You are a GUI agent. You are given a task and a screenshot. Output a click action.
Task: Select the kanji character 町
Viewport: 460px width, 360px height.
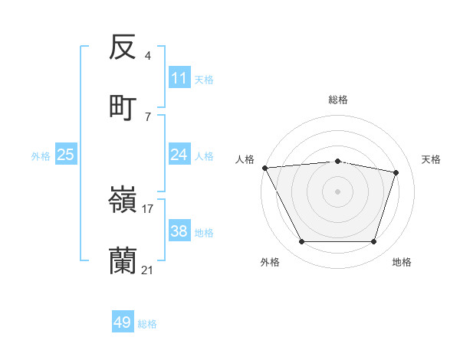(x=123, y=108)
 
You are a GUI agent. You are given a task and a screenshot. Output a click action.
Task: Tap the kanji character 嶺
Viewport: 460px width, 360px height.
(x=123, y=201)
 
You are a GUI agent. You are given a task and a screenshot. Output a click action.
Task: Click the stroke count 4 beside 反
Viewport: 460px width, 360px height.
(x=147, y=56)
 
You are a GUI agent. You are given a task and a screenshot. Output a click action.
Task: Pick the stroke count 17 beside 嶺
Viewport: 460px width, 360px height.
(x=148, y=208)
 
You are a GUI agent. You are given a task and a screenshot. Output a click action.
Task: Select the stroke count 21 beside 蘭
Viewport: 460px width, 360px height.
(x=148, y=270)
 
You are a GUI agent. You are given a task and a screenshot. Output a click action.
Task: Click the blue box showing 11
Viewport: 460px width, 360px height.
(x=179, y=78)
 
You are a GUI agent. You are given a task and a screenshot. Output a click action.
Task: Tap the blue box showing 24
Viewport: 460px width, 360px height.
(x=179, y=155)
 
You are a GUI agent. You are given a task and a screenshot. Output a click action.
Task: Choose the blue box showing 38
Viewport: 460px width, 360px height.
(x=179, y=231)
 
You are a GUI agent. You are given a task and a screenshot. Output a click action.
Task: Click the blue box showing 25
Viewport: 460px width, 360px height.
(x=66, y=155)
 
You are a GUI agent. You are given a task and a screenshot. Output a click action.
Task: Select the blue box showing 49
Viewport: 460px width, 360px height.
(x=123, y=322)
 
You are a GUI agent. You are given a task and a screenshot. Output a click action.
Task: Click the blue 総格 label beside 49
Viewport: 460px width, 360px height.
(x=147, y=324)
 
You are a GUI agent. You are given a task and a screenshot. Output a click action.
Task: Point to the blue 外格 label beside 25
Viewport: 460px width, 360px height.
(x=41, y=155)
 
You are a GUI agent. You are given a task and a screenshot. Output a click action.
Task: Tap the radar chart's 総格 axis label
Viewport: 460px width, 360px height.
(x=338, y=100)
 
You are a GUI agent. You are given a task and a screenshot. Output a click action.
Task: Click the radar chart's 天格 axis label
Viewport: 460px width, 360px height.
(x=432, y=159)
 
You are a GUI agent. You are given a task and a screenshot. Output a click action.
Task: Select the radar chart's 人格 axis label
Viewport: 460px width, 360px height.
(x=245, y=159)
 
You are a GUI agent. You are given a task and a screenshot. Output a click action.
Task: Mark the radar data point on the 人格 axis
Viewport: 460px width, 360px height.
(x=264, y=168)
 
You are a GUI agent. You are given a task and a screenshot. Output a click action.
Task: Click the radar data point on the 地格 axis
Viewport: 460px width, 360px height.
(x=374, y=242)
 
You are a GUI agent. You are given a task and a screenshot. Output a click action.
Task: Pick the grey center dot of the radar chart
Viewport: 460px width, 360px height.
(x=338, y=191)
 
